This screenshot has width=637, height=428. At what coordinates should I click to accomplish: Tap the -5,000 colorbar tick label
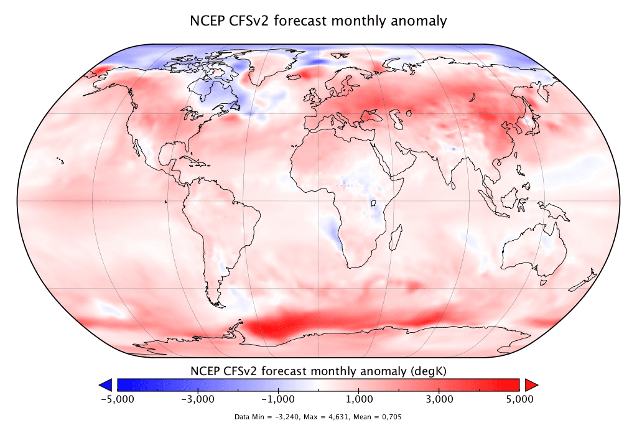[116, 398]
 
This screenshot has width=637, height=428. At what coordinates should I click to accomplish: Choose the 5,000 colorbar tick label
[520, 398]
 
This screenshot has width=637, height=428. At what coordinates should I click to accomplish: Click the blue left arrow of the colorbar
[106, 384]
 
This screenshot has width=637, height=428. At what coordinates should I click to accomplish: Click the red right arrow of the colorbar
[531, 384]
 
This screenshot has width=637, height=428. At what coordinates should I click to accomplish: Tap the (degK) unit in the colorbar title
[428, 371]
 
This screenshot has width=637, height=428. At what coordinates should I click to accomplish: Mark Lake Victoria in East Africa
[374, 203]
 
